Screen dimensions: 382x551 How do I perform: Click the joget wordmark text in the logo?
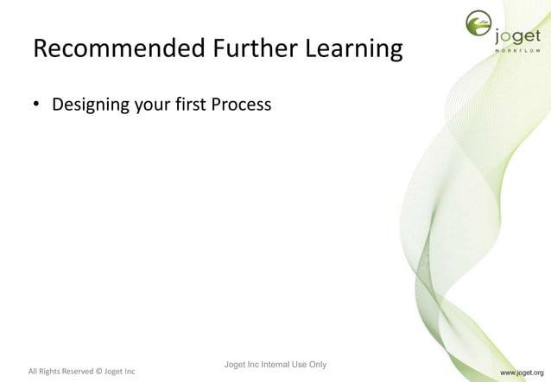pos(518,36)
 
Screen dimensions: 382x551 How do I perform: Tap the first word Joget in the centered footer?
pos(235,364)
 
